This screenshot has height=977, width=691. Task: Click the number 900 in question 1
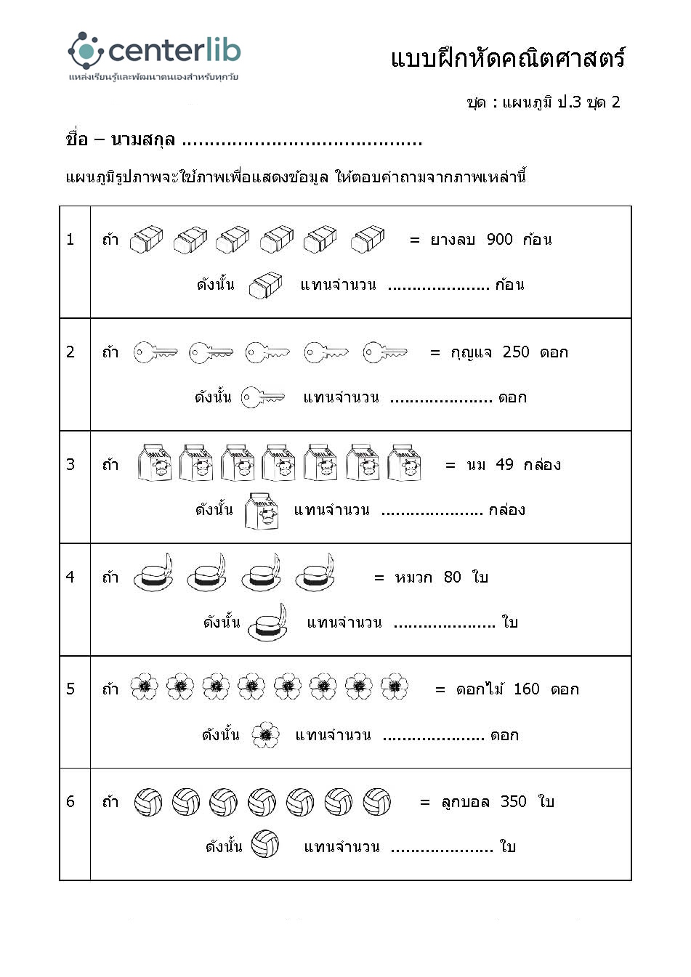point(499,240)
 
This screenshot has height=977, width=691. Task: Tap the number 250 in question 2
point(516,352)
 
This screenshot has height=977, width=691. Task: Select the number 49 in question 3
point(504,465)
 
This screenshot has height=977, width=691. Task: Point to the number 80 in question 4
point(452,577)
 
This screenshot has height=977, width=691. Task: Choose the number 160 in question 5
point(526,689)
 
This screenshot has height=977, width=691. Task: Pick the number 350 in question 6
point(513,802)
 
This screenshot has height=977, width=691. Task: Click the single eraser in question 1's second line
point(265,285)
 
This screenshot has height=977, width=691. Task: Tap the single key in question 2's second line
point(263,397)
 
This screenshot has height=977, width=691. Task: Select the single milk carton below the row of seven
point(262,511)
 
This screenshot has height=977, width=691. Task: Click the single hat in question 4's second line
point(267,623)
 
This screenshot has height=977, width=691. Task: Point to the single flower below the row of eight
point(265,735)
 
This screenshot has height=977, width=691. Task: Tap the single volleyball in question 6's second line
point(265,845)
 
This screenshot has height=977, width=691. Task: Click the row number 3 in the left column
point(70,465)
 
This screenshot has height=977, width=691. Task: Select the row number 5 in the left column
point(70,689)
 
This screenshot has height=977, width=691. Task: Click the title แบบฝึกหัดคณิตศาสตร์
point(508,59)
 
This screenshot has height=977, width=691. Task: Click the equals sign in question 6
point(425,803)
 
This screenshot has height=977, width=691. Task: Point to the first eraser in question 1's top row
point(146,240)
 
